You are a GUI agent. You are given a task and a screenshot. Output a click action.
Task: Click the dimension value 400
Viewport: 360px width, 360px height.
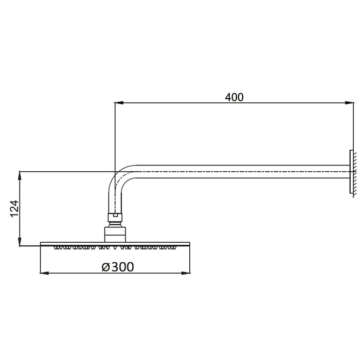pyautogui.click(x=234, y=97)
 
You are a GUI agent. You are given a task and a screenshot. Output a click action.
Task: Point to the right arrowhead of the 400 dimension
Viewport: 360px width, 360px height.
pyautogui.click(x=351, y=104)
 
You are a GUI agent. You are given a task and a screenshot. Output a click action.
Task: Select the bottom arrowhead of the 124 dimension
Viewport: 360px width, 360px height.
pyautogui.click(x=20, y=243)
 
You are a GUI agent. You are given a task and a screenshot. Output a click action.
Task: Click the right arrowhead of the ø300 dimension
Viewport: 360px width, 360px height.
pyautogui.click(x=187, y=273)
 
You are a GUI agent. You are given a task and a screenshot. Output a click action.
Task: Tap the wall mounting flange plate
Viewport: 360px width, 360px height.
pyautogui.click(x=351, y=172)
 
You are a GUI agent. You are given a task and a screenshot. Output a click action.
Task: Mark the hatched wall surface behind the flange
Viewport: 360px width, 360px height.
pyautogui.click(x=354, y=172)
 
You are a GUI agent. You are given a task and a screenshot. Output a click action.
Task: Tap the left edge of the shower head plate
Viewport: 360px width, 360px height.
pyautogui.click(x=41, y=244)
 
